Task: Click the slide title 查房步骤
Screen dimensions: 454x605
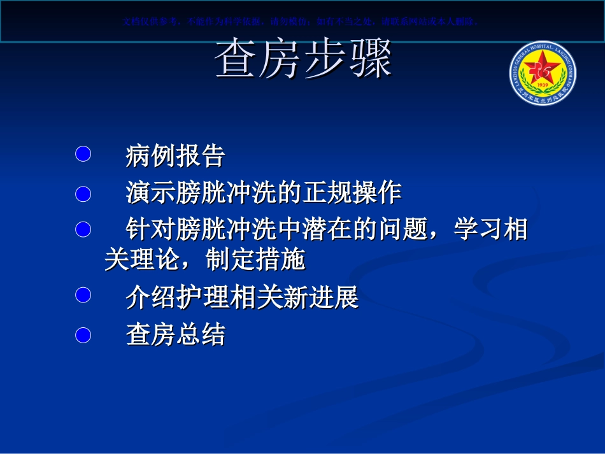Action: tap(304, 62)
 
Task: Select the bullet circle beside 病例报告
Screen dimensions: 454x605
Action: tap(83, 154)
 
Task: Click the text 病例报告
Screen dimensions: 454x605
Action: tap(176, 155)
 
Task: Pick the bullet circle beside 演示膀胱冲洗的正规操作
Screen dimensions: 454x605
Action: tap(83, 192)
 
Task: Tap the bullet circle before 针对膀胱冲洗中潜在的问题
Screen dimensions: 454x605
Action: tap(83, 229)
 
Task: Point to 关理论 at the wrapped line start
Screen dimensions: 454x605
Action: tap(142, 260)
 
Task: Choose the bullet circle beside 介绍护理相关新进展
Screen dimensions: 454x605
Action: tap(83, 295)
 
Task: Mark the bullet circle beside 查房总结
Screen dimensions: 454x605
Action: tap(83, 334)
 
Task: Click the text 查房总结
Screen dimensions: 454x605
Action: tap(176, 334)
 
